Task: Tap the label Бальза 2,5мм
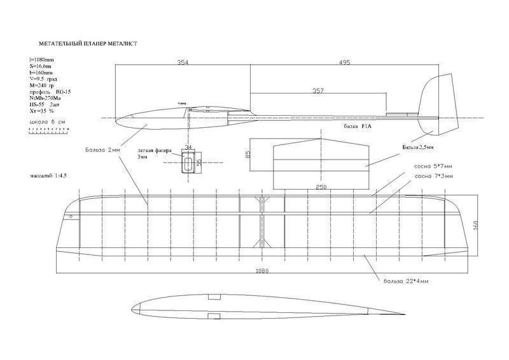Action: point(417,148)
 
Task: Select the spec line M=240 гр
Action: point(43,85)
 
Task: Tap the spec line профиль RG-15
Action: point(48,92)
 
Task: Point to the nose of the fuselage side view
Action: point(121,117)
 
